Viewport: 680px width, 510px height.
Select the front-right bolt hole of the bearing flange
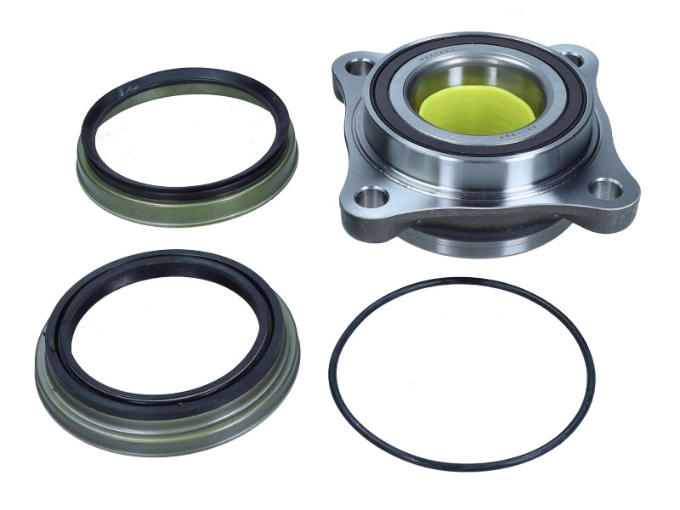[x=605, y=190]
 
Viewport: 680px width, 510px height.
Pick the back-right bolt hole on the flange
[x=574, y=59]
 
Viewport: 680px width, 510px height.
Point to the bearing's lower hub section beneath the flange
[x=476, y=241]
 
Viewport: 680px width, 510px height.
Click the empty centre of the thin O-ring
[x=462, y=374]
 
